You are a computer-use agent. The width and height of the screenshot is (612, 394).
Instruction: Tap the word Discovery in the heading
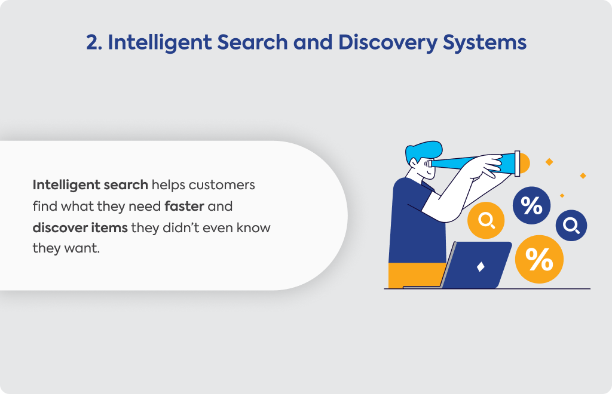387,43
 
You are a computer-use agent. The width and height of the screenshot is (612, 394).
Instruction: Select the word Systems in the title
484,43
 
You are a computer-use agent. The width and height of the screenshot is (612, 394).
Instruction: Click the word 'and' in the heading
313,42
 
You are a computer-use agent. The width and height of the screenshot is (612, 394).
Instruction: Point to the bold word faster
184,206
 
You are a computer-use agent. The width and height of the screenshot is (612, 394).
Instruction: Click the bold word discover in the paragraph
60,227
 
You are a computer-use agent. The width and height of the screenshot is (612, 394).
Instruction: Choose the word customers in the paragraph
222,184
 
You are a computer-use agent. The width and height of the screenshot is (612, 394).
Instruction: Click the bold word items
110,227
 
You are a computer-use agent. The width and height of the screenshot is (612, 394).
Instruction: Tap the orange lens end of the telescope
525,164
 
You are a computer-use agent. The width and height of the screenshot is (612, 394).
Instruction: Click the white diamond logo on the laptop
481,267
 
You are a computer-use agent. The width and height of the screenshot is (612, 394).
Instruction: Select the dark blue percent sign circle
531,205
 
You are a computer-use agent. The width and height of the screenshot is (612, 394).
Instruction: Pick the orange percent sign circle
539,259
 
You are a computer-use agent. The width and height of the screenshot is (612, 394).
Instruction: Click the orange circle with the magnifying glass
486,220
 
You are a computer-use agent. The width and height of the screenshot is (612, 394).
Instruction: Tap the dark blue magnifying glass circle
571,225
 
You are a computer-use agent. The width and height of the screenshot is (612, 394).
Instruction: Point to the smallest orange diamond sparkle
562,196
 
